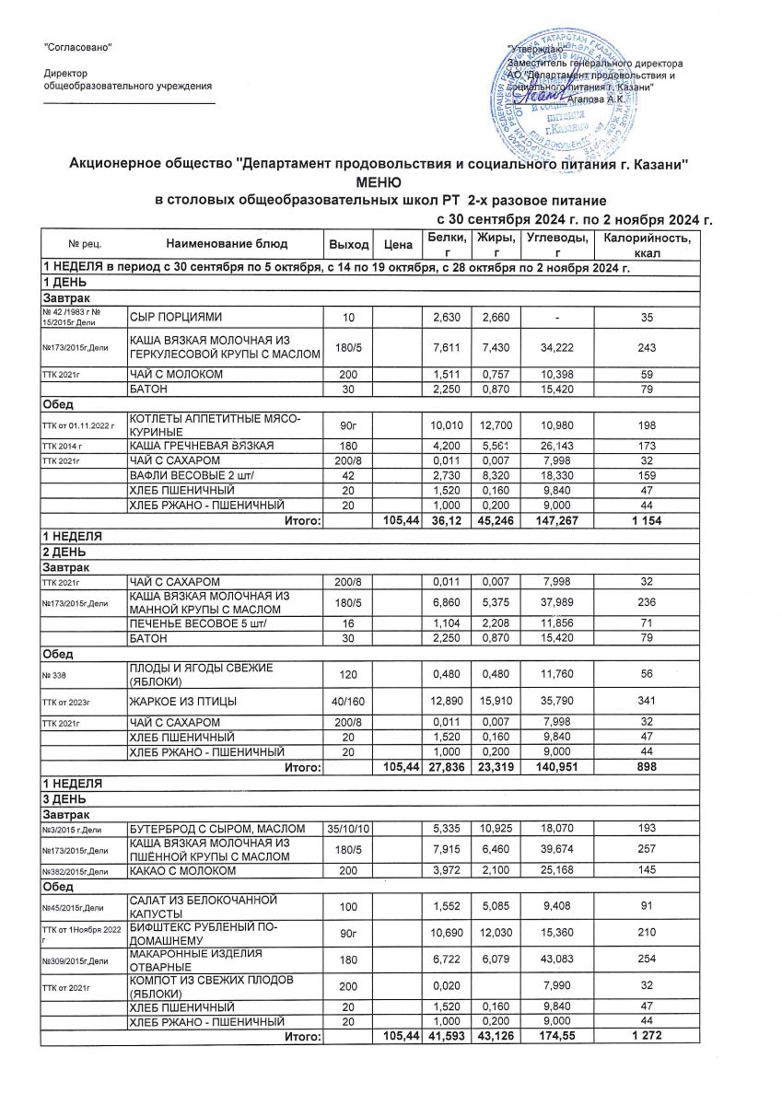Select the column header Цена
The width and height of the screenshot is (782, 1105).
(x=397, y=245)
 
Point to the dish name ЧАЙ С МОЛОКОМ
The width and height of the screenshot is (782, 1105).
(x=176, y=374)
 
